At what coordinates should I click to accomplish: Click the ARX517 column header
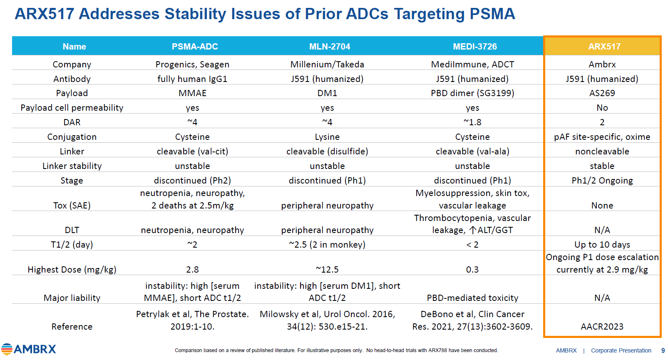click(604, 47)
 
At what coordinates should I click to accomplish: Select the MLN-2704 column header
click(330, 47)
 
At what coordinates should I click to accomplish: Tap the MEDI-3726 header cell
click(475, 47)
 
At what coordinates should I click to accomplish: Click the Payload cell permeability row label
click(72, 108)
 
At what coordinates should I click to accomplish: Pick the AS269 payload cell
click(602, 93)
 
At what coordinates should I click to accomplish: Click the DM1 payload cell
click(327, 93)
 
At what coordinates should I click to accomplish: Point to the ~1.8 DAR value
click(472, 122)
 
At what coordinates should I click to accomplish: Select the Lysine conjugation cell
click(327, 137)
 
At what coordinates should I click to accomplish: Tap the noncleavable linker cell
click(602, 151)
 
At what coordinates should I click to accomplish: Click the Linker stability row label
click(72, 166)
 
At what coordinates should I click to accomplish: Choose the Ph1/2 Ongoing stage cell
click(602, 181)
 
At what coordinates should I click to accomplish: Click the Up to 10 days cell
click(602, 245)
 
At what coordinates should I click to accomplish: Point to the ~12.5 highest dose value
click(327, 270)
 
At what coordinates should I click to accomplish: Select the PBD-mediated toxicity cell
click(472, 298)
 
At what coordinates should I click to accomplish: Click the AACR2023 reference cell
click(602, 327)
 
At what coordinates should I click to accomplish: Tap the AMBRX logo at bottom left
click(29, 349)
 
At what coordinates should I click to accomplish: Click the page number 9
click(663, 350)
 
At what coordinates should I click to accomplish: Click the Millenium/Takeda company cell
click(327, 65)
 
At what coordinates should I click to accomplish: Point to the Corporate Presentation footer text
click(621, 350)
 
